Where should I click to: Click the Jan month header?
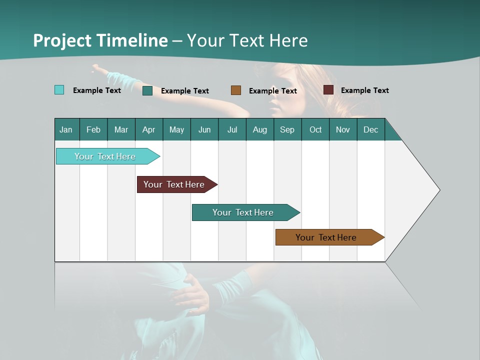click(x=66, y=129)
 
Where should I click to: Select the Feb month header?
click(x=93, y=129)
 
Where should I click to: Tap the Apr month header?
click(x=148, y=129)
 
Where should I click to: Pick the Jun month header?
click(x=204, y=129)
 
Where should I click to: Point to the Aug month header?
click(x=259, y=129)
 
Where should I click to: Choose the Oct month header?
click(x=315, y=129)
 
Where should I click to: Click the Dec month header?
click(x=370, y=129)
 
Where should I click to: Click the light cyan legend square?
click(x=59, y=90)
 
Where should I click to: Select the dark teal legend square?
click(x=147, y=90)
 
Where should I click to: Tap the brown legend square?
click(x=236, y=90)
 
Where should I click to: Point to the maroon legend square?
click(x=328, y=90)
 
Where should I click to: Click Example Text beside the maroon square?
click(x=364, y=90)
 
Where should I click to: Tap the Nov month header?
click(x=342, y=129)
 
